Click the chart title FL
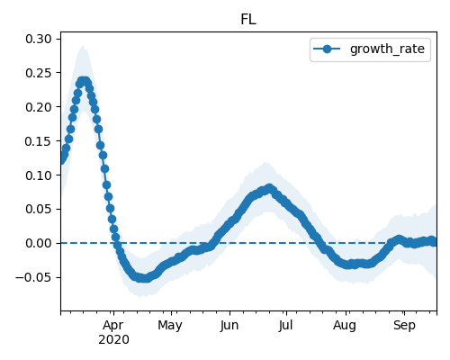pyautogui.click(x=248, y=20)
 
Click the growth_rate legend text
pyautogui.click(x=387, y=49)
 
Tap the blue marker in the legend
pyautogui.click(x=327, y=49)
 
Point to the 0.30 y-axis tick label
pyautogui.click(x=39, y=39)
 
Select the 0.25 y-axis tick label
pyautogui.click(x=39, y=73)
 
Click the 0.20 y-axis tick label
pyautogui.click(x=39, y=107)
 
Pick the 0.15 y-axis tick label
pyautogui.click(x=39, y=141)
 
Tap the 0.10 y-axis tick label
pyautogui.click(x=39, y=175)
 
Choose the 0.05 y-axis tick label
pyautogui.click(x=39, y=209)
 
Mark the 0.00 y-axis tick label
pyautogui.click(x=39, y=243)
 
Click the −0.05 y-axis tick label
pyautogui.click(x=33, y=277)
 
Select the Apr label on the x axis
pyautogui.click(x=113, y=326)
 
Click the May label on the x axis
pyautogui.click(x=170, y=326)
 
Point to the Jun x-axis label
pyautogui.click(x=229, y=326)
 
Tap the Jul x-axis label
pyautogui.click(x=285, y=326)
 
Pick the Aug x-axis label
pyautogui.click(x=345, y=326)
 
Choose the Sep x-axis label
pyautogui.click(x=404, y=326)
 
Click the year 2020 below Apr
pyautogui.click(x=114, y=340)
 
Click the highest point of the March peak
pyautogui.click(x=84, y=81)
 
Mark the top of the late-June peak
pyautogui.click(x=269, y=188)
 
